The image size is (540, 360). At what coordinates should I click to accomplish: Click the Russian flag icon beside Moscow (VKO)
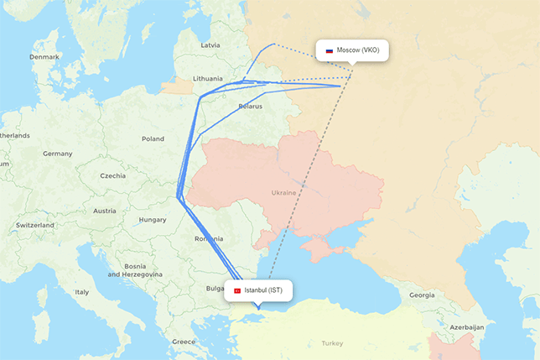pos(330,51)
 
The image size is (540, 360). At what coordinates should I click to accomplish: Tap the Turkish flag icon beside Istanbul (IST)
pos(237,290)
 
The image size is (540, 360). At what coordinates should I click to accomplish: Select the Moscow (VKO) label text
pos(358,50)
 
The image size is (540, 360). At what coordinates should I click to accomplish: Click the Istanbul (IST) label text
pos(264,290)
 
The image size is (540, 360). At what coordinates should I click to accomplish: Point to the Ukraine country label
pos(283,193)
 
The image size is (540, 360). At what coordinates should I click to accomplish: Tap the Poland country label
pos(153,139)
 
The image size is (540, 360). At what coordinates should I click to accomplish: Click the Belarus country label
pos(250,107)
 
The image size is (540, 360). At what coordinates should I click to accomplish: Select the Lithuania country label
pos(208,78)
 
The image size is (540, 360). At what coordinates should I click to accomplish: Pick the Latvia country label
pos(210,44)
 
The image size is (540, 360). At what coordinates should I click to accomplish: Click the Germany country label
pos(58,154)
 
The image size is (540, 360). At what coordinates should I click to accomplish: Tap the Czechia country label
pos(112,176)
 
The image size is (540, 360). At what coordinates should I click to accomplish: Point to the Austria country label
pos(104,211)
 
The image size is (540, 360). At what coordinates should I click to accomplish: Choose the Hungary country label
pos(153,220)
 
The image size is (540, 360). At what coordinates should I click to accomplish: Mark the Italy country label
pos(81,292)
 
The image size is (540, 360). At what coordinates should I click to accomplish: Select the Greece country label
pos(184,342)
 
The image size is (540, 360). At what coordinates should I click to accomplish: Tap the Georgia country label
pos(422,295)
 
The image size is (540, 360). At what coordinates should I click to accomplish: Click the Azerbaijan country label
pos(467,326)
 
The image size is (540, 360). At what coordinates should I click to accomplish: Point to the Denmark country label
pos(44,57)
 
